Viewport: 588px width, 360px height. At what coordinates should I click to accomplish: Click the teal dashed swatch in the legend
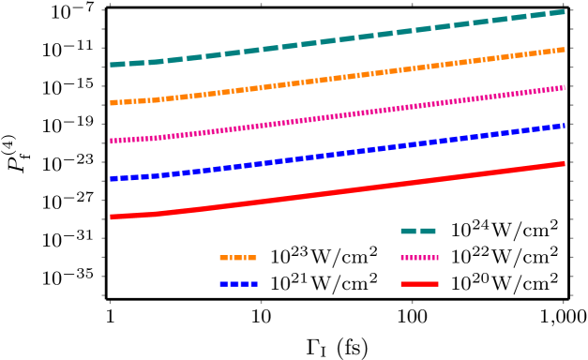coord(418,231)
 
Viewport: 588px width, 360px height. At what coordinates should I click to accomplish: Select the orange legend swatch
coord(238,258)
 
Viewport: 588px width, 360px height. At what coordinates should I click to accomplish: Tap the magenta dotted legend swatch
coord(419,258)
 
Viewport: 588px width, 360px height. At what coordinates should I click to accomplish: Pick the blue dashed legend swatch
coord(238,283)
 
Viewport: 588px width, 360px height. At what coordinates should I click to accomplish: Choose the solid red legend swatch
coord(419,283)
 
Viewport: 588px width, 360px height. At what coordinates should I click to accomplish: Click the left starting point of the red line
coord(111,217)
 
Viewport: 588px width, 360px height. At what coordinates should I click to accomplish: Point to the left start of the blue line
coord(111,178)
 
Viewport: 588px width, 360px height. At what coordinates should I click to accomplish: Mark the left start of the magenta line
coord(111,141)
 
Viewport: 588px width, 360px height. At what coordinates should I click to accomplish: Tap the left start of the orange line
coord(111,102)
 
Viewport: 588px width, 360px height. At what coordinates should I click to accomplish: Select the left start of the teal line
coord(111,65)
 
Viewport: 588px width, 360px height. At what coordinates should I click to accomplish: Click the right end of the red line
coord(565,163)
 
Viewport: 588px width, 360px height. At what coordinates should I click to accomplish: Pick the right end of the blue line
coord(565,126)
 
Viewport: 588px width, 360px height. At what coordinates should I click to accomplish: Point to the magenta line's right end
coord(565,87)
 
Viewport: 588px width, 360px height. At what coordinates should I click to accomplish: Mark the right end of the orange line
coord(565,50)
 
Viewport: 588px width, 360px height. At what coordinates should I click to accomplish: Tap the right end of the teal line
coord(565,11)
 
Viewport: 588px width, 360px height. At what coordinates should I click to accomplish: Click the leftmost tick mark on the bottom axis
coord(110,302)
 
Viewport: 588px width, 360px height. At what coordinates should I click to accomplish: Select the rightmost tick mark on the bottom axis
coord(563,302)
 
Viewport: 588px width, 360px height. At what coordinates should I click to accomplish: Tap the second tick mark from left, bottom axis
coord(261,302)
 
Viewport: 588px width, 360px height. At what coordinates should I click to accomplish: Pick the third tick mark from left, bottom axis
coord(412,302)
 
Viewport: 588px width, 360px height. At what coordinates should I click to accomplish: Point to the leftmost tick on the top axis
coord(110,5)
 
